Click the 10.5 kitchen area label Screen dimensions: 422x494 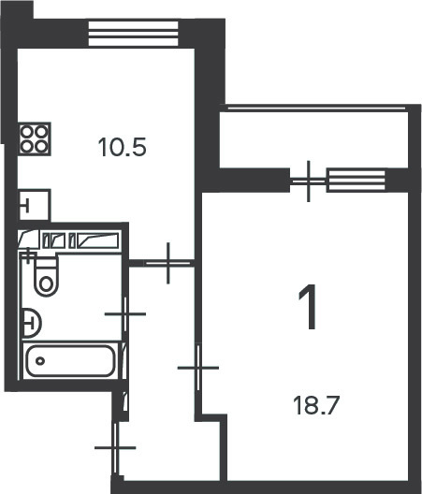pos(123,148)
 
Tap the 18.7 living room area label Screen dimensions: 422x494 pos(315,406)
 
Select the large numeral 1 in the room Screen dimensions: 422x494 pos(307,307)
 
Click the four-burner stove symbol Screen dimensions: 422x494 pos(35,138)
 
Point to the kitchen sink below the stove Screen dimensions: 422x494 pos(35,205)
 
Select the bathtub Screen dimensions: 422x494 pos(70,361)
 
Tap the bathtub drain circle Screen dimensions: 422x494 pos(40,361)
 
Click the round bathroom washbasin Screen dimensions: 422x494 pos(31,323)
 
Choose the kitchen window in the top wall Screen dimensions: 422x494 pos(133,34)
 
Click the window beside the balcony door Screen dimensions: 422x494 pos(356,181)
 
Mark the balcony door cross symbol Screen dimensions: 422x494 pos(308,181)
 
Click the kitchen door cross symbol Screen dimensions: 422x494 pos(168,263)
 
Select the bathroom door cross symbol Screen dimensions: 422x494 pos(125,313)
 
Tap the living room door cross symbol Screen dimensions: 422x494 pos(198,368)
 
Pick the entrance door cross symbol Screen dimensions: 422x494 pos(115,447)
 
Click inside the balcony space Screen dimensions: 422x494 pos(313,139)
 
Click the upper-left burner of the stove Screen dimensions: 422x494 pos(27,131)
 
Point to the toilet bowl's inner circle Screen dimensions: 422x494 pos(47,283)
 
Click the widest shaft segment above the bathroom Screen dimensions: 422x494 pos(97,240)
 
